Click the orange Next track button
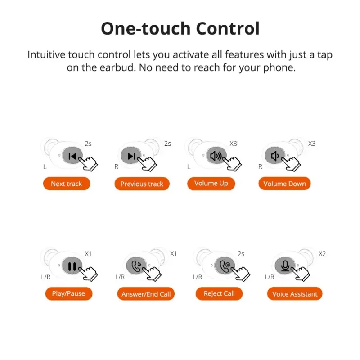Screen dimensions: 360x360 click(x=67, y=184)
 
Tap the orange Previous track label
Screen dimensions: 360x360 click(x=142, y=184)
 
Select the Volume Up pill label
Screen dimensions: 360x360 click(x=211, y=184)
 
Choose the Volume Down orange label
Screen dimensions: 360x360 click(x=284, y=184)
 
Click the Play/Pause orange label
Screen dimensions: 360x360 click(x=69, y=294)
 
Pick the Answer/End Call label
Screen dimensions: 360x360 click(x=146, y=294)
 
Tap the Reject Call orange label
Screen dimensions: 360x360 click(x=219, y=294)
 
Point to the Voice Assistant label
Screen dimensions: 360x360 click(x=295, y=294)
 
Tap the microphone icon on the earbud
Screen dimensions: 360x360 click(x=285, y=266)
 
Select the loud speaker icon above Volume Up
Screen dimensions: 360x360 click(x=216, y=156)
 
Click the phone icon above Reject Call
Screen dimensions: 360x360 click(x=225, y=266)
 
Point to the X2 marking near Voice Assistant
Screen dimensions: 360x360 click(x=322, y=254)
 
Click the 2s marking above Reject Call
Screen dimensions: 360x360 click(x=241, y=254)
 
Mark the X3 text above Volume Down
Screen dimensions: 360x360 click(x=311, y=144)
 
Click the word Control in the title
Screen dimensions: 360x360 click(x=228, y=28)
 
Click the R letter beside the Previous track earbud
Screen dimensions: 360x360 click(x=117, y=166)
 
